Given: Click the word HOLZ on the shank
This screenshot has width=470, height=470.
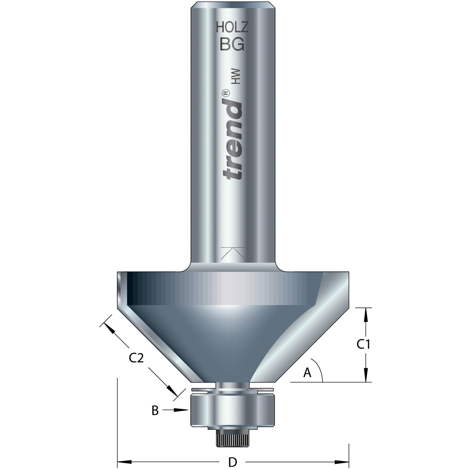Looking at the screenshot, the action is [x=232, y=28].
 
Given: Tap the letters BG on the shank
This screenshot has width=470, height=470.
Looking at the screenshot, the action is [x=232, y=45].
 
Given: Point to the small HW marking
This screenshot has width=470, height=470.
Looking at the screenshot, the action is [x=236, y=77].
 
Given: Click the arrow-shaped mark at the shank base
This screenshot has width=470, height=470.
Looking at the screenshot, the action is [x=233, y=253].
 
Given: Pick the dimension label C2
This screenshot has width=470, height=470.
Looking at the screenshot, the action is [x=136, y=358].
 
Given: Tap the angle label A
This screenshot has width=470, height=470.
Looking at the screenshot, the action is [x=307, y=373].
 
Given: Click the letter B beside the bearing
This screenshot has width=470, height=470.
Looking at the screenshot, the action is [x=155, y=411].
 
